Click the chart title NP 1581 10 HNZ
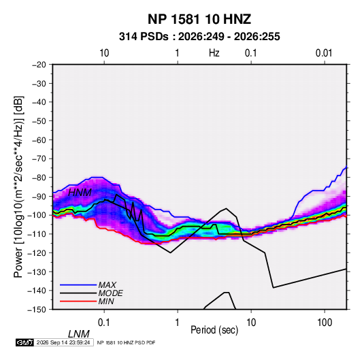[x=199, y=19]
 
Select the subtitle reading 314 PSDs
[x=144, y=37]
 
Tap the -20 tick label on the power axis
[x=39, y=65]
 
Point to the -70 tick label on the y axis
[x=39, y=159]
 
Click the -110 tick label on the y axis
[x=37, y=234]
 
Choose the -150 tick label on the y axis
[x=37, y=310]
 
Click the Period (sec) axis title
[x=214, y=330]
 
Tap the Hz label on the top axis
[x=214, y=53]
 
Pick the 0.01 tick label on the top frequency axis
[x=324, y=53]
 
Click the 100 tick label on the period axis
[x=325, y=323]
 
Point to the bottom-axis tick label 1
[x=178, y=323]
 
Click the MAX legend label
[x=107, y=285]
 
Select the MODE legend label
[x=110, y=293]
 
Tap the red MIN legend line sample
[x=78, y=301]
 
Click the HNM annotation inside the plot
[x=80, y=193]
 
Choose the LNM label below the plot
[x=78, y=334]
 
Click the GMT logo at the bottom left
[x=24, y=342]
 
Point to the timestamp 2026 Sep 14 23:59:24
[x=63, y=342]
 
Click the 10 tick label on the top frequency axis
[x=104, y=53]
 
